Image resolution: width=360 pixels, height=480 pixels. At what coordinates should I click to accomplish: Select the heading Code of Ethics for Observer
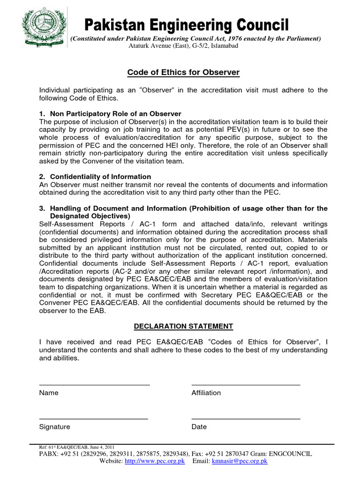point(184,72)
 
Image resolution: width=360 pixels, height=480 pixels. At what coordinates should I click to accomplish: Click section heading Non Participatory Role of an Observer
point(110,114)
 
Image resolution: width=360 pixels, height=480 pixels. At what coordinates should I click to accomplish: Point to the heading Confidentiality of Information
point(95,177)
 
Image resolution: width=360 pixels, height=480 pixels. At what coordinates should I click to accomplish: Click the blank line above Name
point(94,384)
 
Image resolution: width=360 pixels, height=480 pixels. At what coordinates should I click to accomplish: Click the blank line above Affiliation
point(246,384)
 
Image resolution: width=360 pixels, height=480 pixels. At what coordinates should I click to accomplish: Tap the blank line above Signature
point(94,419)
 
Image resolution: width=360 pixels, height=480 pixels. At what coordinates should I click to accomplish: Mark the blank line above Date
point(246,419)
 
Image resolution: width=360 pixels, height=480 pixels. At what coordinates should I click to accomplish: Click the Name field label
point(49,393)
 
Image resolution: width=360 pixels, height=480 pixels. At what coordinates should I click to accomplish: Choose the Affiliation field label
point(206,393)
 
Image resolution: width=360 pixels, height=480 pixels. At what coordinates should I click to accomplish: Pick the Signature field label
point(55,427)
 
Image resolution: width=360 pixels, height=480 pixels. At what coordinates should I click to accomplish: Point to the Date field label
point(199,427)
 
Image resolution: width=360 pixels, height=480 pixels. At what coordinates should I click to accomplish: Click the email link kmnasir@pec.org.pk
point(240,462)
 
